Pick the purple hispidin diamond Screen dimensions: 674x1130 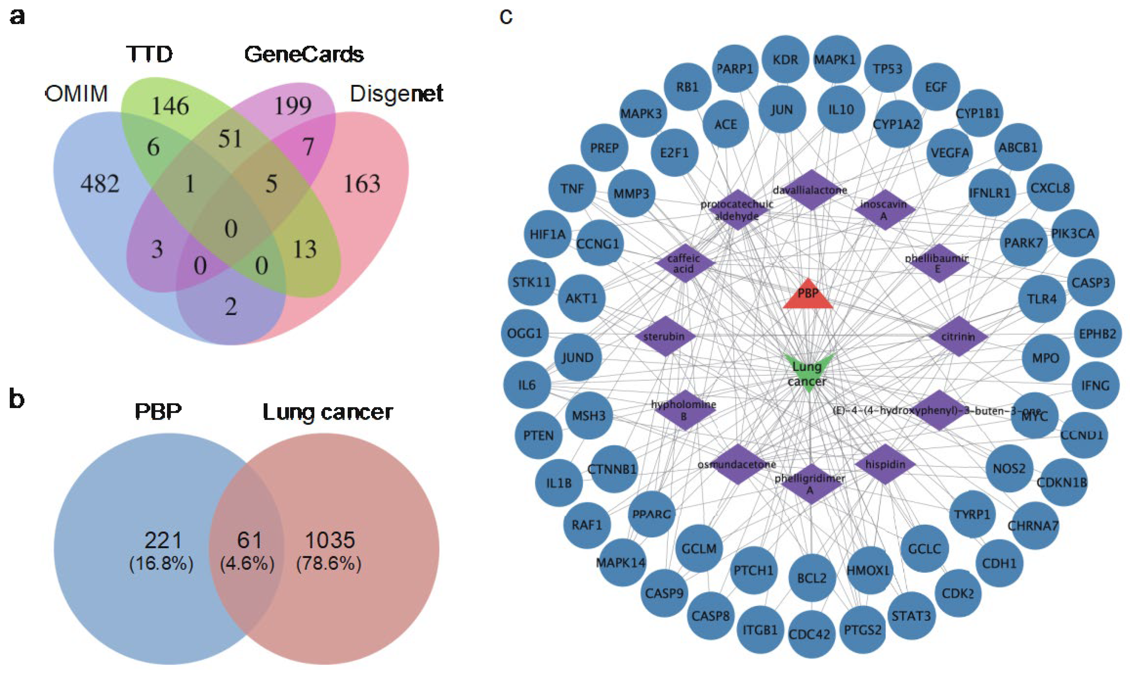pyautogui.click(x=885, y=464)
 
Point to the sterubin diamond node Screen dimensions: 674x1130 pyautogui.click(x=665, y=337)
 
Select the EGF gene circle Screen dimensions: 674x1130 pyautogui.click(x=936, y=87)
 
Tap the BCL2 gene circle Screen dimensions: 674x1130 pyautogui.click(x=812, y=578)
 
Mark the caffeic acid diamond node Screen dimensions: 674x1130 pyautogui.click(x=684, y=263)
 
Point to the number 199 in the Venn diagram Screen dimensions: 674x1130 pyautogui.click(x=293, y=106)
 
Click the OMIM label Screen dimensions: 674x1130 pyautogui.click(x=77, y=94)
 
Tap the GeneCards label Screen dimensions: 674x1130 pyautogui.click(x=304, y=55)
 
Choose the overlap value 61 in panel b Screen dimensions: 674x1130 pyautogui.click(x=249, y=540)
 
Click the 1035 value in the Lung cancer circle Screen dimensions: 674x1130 pyautogui.click(x=330, y=540)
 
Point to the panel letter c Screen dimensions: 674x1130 pyautogui.click(x=506, y=17)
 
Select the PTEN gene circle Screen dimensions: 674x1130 pyautogui.click(x=539, y=436)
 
